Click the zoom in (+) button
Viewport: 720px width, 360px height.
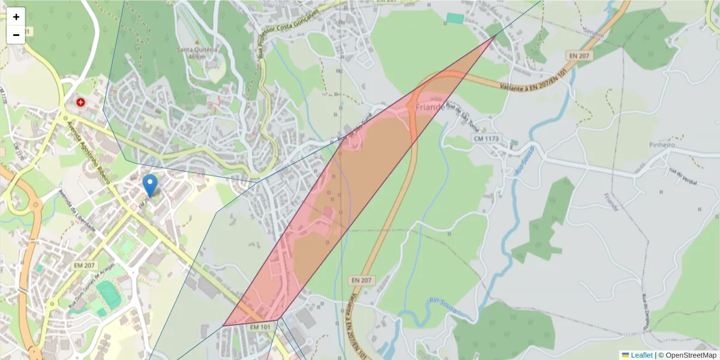(x=16, y=17)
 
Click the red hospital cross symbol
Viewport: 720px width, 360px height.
(x=80, y=103)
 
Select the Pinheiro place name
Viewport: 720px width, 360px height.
(x=662, y=145)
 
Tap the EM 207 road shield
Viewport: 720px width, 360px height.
(x=85, y=265)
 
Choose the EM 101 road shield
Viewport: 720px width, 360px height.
(x=260, y=327)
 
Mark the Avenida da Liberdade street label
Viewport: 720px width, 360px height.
(x=78, y=212)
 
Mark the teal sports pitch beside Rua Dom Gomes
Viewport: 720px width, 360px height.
(x=109, y=293)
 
